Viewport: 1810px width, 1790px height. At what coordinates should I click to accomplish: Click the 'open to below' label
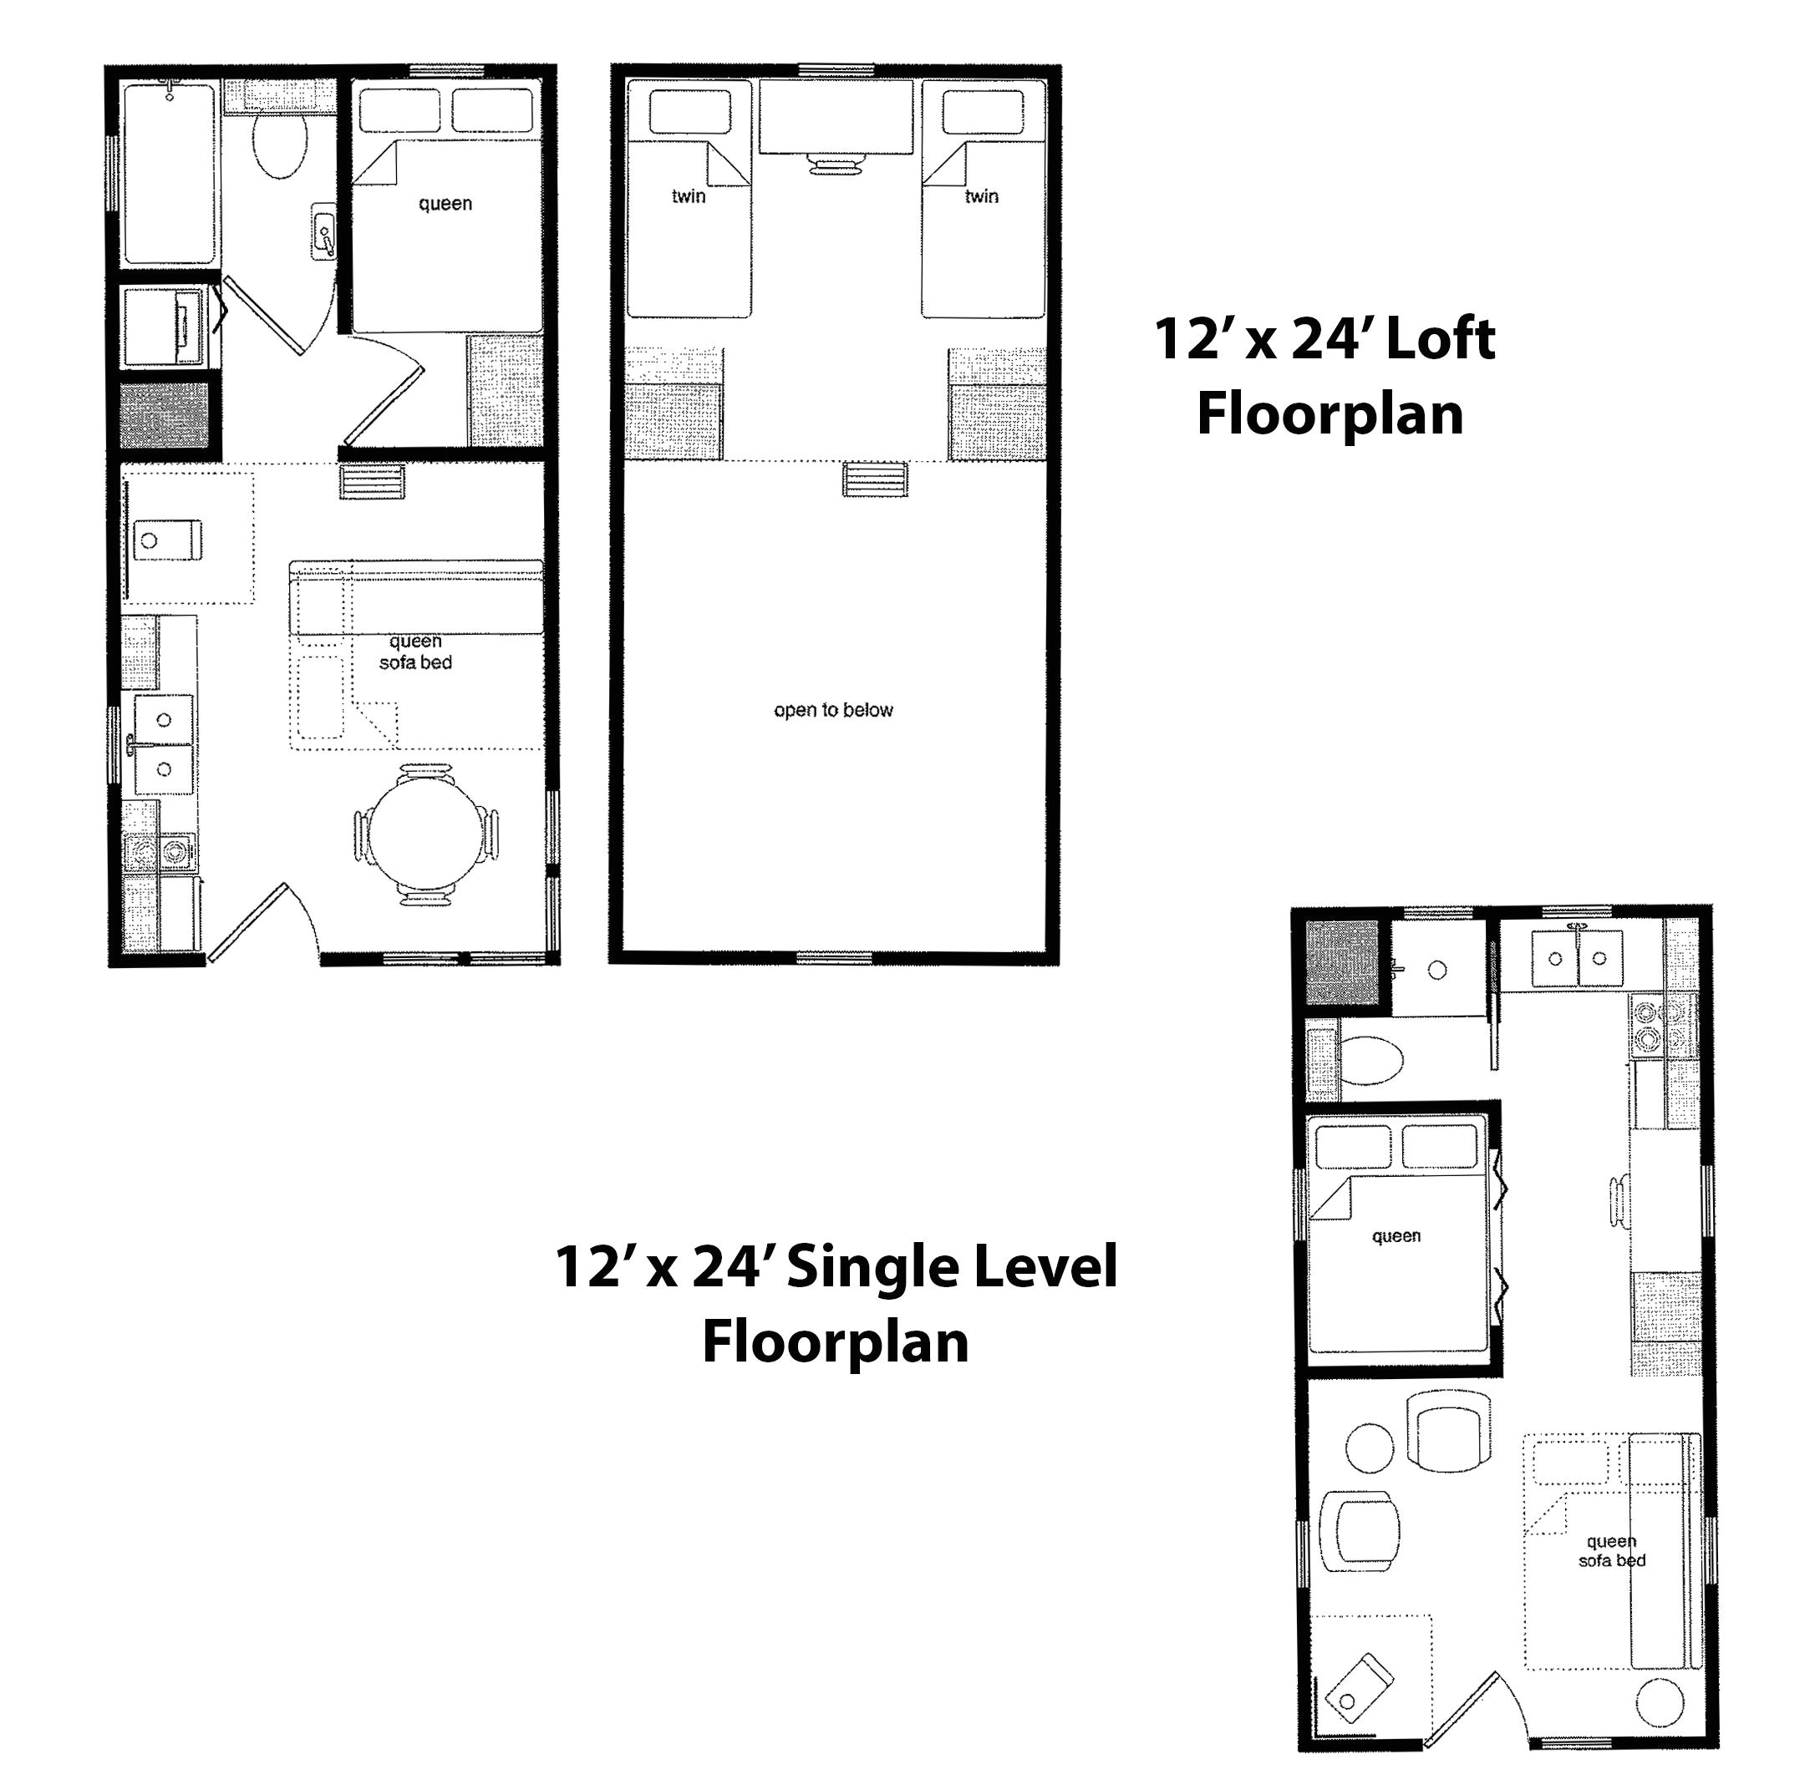833,710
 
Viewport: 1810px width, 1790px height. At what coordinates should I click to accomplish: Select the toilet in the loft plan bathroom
279,147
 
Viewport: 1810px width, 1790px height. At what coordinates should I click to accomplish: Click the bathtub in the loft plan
170,173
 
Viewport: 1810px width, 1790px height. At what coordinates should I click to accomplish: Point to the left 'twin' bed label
689,196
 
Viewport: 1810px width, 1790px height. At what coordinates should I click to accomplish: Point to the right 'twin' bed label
981,196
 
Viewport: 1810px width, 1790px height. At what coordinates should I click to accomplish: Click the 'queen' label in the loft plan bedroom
445,204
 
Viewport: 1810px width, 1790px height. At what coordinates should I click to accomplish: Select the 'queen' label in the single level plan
1396,1236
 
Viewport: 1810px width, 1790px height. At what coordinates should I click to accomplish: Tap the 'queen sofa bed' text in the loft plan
415,652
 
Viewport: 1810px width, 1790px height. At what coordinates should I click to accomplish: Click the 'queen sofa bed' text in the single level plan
1611,1551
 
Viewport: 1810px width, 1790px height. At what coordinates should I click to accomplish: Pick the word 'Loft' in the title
1440,339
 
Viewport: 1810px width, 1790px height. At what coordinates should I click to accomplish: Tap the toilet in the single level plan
1371,1060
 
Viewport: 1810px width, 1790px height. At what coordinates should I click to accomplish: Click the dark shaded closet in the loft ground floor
165,416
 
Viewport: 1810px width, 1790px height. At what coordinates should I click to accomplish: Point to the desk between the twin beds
836,117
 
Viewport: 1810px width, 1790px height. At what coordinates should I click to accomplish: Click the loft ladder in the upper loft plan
875,479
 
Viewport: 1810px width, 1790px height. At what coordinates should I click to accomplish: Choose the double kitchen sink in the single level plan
1579,958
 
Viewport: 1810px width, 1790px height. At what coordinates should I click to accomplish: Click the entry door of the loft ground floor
246,924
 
